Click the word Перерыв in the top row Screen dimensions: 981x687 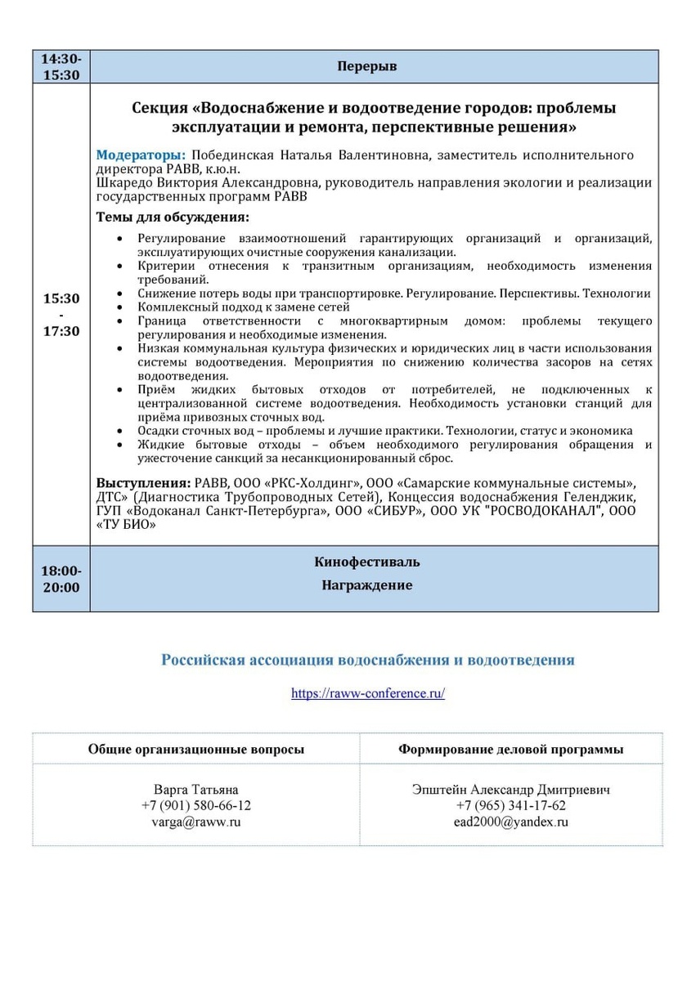pos(366,66)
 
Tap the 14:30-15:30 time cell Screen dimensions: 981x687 pos(61,66)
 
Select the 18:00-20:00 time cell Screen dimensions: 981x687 pos(61,578)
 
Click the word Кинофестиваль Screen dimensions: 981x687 pos(366,562)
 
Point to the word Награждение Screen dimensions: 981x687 pos(366,585)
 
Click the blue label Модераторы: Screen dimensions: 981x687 pos(141,155)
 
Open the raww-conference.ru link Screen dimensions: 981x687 pos(368,693)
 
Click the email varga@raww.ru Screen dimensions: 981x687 pos(196,822)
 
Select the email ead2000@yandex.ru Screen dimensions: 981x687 pos(510,822)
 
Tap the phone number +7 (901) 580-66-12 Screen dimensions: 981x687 pos(196,805)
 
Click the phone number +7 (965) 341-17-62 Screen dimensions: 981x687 pos(510,805)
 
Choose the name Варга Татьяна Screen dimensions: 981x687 pos(196,790)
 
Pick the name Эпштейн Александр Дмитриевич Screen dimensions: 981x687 pos(510,790)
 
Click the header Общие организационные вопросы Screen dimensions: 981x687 pos(196,749)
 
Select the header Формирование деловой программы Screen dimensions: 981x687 pos(510,749)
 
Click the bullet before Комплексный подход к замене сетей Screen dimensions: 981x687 pos(120,307)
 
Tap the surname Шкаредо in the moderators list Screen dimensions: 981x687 pos(122,182)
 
